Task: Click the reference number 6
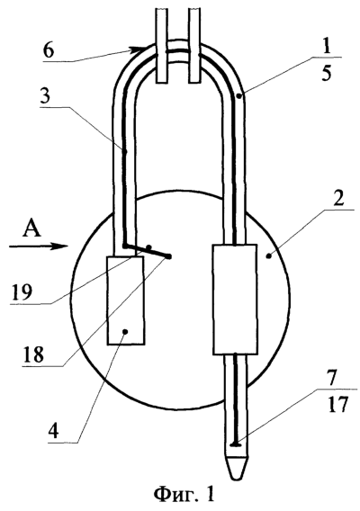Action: click(49, 51)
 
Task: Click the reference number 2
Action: click(338, 199)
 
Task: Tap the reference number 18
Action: click(32, 354)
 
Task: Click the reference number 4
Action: click(53, 431)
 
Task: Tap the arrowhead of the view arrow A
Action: click(62, 247)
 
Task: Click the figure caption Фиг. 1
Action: click(184, 495)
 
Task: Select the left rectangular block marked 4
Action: click(126, 300)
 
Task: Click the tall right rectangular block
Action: click(235, 300)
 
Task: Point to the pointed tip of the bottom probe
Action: click(237, 479)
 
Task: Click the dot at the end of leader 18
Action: click(169, 256)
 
